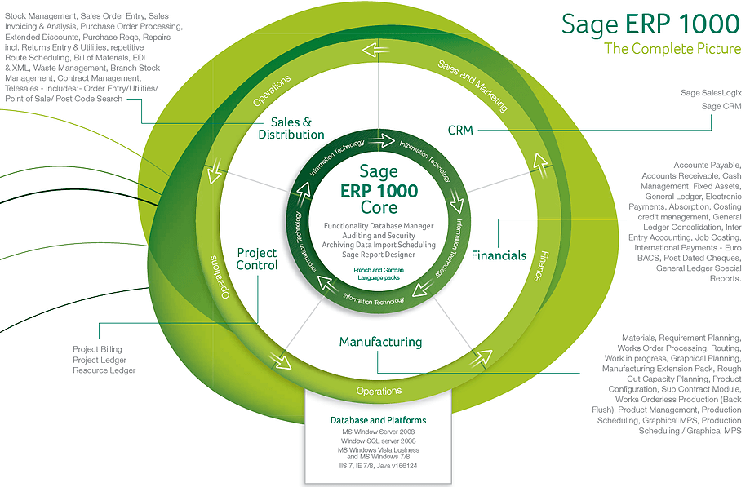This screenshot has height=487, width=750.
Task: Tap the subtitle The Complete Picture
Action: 672,49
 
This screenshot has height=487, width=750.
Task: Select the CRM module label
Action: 460,130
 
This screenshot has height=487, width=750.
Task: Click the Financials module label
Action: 499,255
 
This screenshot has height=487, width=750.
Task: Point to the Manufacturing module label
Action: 380,342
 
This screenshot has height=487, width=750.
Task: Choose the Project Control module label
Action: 257,259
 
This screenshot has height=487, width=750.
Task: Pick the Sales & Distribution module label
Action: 291,128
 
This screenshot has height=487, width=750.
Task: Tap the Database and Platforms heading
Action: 378,421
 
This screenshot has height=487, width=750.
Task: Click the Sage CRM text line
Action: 721,106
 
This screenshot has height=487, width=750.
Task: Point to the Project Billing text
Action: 97,350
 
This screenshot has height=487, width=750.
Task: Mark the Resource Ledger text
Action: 104,370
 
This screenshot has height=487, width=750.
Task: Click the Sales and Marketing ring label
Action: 472,85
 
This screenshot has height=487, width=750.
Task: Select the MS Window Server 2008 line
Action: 378,432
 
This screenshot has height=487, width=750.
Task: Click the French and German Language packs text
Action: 378,273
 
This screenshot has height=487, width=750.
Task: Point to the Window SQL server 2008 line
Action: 378,441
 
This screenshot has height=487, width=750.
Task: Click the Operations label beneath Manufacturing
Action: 379,392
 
